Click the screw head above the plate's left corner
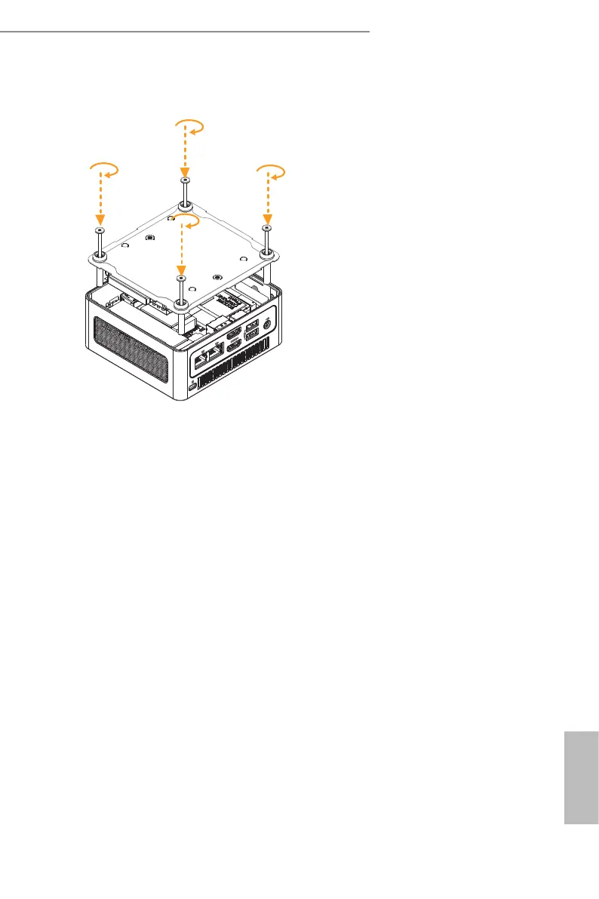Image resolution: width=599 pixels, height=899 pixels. (100, 229)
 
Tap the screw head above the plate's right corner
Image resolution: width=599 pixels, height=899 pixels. (266, 227)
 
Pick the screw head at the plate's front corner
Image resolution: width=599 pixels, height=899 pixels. (180, 279)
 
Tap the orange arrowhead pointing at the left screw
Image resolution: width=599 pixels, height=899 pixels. (100, 218)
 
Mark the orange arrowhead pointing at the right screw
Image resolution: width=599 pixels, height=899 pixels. (266, 216)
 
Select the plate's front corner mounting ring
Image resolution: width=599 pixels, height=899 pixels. (181, 303)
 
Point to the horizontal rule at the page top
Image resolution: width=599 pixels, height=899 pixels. (185, 32)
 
